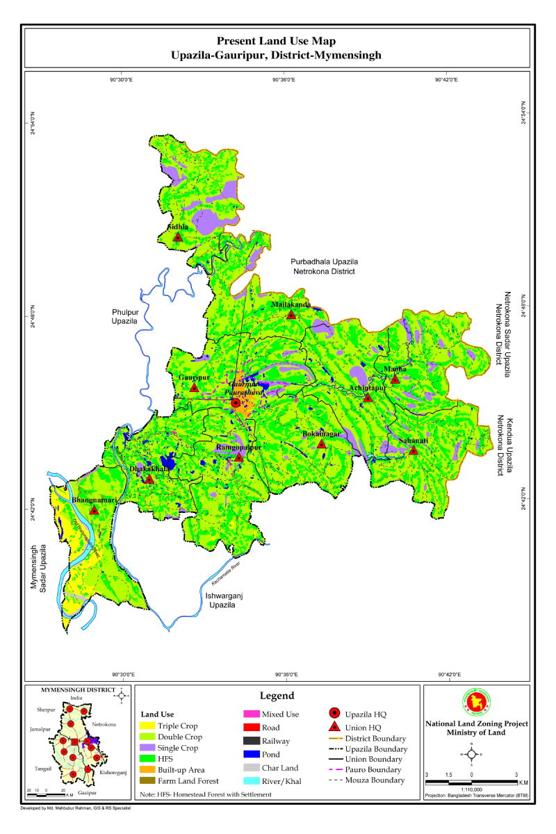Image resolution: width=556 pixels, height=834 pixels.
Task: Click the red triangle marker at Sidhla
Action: tap(178, 237)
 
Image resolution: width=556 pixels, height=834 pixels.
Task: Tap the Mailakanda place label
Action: tap(291, 304)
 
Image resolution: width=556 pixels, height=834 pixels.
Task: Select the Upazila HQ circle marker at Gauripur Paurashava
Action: tap(236, 403)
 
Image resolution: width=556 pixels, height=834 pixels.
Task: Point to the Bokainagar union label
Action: tap(321, 434)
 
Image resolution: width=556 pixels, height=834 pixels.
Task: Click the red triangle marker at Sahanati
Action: tap(413, 450)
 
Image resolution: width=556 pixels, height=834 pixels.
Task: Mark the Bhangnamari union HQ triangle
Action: tap(94, 510)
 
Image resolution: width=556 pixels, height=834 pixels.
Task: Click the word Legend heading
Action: tap(277, 696)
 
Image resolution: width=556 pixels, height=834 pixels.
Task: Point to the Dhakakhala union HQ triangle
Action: tap(149, 479)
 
